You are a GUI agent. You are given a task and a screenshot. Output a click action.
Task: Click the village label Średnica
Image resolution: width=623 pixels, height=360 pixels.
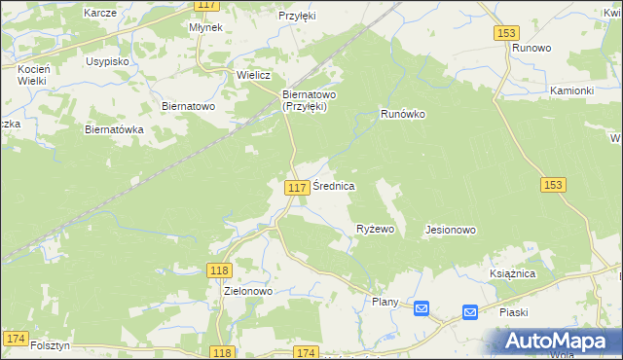[x=333, y=185]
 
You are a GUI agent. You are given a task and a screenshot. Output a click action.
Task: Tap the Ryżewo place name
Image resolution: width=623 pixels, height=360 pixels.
[x=375, y=230]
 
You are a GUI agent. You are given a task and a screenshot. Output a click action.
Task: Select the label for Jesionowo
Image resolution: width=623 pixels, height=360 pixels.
[x=451, y=231]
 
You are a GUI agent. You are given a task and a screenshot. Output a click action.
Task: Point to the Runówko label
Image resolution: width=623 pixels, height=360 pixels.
[x=403, y=114]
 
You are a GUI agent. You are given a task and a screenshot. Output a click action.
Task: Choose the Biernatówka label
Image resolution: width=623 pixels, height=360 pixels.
[x=115, y=129]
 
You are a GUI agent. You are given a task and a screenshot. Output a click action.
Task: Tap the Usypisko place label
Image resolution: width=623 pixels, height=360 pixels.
[x=108, y=60]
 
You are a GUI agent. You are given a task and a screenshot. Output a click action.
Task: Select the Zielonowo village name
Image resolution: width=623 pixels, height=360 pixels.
[x=248, y=291]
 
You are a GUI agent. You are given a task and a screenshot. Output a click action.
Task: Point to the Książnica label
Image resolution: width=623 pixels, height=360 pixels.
[x=513, y=274]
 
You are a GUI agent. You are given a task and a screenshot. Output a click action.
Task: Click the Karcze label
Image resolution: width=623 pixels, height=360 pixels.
[x=100, y=13]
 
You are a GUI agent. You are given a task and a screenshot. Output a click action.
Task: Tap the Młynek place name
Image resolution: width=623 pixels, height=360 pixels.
[x=206, y=28]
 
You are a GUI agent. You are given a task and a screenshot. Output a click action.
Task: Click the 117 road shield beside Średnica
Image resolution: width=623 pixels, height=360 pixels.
[x=299, y=186]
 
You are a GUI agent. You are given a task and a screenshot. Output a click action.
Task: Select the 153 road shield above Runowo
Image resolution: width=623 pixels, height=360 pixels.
[x=505, y=32]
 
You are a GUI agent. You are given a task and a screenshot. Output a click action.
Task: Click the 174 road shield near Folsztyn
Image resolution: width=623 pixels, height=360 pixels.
[x=15, y=338]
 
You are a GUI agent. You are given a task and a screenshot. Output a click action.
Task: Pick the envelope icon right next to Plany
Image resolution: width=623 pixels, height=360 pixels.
[x=421, y=308]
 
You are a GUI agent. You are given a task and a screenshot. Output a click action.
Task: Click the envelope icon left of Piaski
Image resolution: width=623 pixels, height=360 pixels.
[x=469, y=312]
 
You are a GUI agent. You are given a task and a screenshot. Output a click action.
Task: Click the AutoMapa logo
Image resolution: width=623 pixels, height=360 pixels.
[x=558, y=341]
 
